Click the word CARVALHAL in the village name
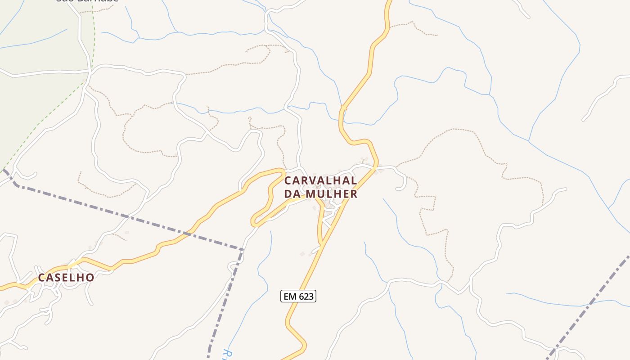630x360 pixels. click(321, 180)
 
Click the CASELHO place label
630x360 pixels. click(66, 277)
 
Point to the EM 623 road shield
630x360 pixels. click(298, 296)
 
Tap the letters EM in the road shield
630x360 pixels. click(290, 296)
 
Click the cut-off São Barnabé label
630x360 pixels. click(87, 1)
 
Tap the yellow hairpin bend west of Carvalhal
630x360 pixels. click(255, 221)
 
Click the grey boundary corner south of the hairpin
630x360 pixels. click(242, 248)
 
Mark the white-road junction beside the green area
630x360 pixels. click(90, 71)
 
